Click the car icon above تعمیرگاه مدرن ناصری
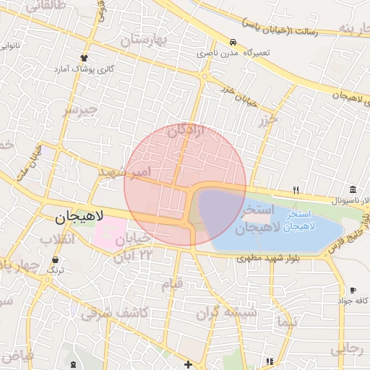[233, 42]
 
